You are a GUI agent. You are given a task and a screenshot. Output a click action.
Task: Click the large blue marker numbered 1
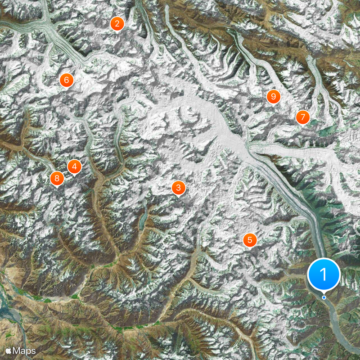324,274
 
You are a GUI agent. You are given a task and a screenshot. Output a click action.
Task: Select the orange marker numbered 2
117,23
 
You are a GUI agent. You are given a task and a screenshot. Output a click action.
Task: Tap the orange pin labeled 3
178,188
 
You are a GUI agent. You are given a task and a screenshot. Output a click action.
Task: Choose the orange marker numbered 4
74,167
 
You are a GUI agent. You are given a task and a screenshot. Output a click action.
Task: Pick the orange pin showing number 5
250,239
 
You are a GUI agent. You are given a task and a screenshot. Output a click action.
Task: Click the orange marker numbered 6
67,80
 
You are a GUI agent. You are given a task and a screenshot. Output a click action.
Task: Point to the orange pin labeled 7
303,117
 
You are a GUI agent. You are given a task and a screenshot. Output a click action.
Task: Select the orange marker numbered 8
57,178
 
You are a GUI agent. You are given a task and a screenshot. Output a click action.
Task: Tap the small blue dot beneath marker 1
324,297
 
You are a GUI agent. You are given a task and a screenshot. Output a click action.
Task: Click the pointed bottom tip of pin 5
250,249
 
